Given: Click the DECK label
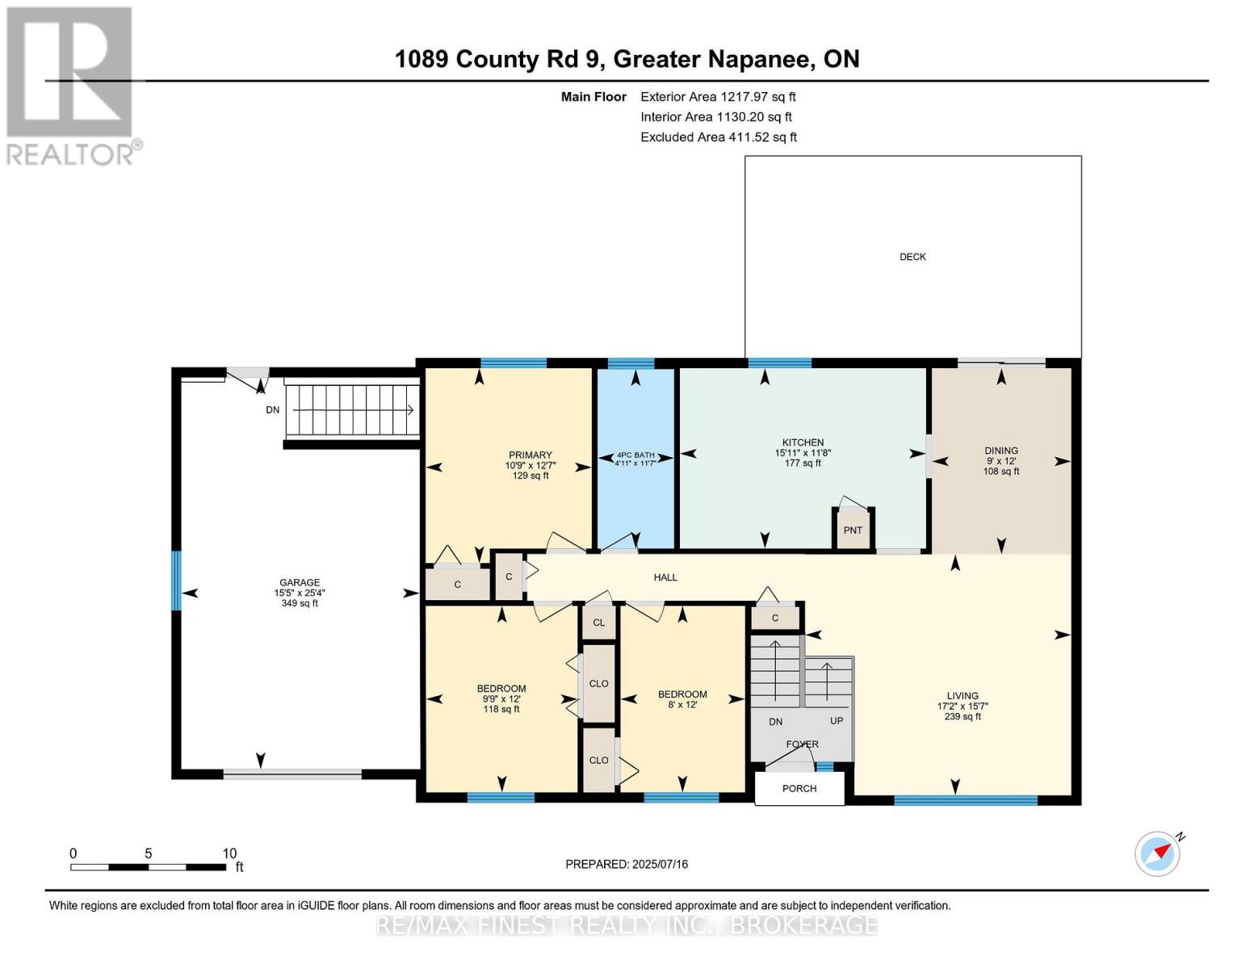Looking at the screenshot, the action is pyautogui.click(x=912, y=257).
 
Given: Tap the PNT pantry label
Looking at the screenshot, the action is pyautogui.click(x=853, y=531).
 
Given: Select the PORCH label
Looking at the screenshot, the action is pyautogui.click(x=799, y=788).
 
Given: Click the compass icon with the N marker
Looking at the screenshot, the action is pyautogui.click(x=1158, y=853).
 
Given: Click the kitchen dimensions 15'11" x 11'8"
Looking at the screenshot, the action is pyautogui.click(x=803, y=453).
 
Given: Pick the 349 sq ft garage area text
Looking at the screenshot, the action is pyautogui.click(x=300, y=603).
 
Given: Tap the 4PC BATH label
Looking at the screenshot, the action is pyautogui.click(x=635, y=455).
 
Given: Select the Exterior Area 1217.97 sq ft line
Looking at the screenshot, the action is pyautogui.click(x=718, y=97).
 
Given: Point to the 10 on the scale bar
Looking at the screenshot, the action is pyautogui.click(x=229, y=853).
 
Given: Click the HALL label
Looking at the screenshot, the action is pyautogui.click(x=665, y=577).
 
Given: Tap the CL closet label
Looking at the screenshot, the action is pyautogui.click(x=599, y=623).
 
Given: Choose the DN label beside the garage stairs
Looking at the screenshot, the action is pyautogui.click(x=272, y=409).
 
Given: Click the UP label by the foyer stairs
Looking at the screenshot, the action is pyautogui.click(x=837, y=721).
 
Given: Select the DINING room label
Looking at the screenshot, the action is pyautogui.click(x=1001, y=451).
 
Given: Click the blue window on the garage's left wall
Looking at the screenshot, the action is pyautogui.click(x=177, y=581).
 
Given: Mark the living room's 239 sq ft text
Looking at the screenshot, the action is pyautogui.click(x=963, y=716).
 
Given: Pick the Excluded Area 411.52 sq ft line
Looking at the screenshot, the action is pyautogui.click(x=719, y=137).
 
